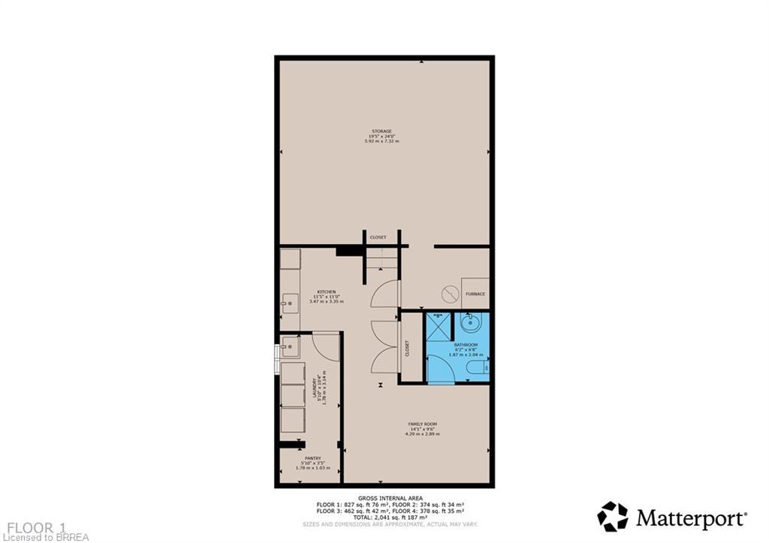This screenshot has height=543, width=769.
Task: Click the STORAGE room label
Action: (384, 131)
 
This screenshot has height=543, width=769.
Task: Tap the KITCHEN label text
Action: (326, 291)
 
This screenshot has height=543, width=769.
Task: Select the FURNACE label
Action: (475, 294)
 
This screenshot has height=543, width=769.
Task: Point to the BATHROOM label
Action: (466, 345)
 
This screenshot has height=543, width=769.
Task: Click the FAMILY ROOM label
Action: (422, 424)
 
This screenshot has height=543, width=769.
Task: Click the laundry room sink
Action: (290, 347)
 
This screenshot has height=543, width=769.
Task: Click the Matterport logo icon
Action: (612, 517)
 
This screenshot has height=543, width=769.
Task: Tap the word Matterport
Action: (691, 518)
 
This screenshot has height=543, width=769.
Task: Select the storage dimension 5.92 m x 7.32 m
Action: (384, 141)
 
